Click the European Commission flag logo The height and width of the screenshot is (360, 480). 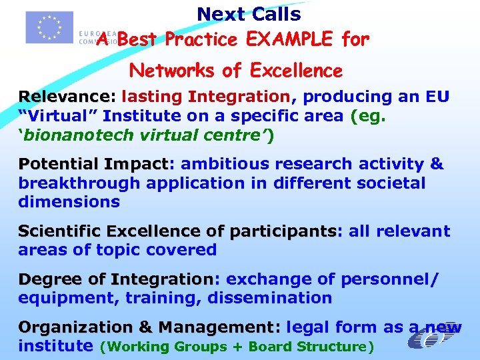pos(49,27)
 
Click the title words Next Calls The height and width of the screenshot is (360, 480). pos(249,14)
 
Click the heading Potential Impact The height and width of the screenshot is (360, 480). pos(94,164)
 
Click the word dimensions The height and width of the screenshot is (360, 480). pos(69,202)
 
